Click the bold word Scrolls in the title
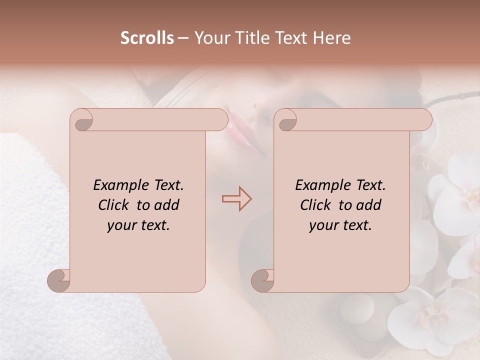coord(147,38)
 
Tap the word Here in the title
coord(331,38)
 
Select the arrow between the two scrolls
coord(236,199)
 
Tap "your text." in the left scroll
coord(138,225)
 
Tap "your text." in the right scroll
coord(340,225)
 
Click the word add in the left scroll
coord(167,205)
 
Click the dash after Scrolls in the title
coord(183,38)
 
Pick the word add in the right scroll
coord(369,205)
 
